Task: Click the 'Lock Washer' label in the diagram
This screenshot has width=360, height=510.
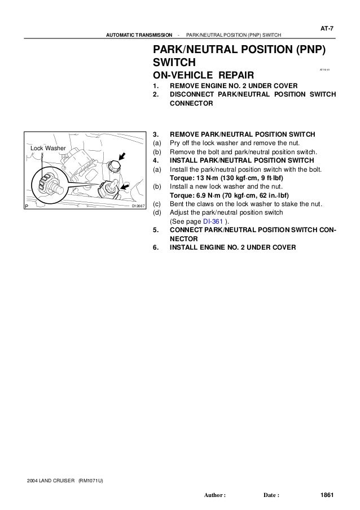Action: pos(48,148)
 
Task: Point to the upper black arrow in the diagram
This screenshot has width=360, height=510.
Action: pos(122,154)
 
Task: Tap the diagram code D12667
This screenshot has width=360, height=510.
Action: pos(138,207)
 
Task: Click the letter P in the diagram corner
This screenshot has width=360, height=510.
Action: pos(27,207)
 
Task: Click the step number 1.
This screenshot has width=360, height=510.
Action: pos(156,86)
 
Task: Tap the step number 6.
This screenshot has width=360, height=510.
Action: pos(156,247)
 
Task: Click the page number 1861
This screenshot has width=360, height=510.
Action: pos(326,495)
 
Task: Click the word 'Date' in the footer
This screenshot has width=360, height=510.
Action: pos(271,496)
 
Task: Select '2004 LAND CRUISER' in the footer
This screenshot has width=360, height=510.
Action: pos(52,481)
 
